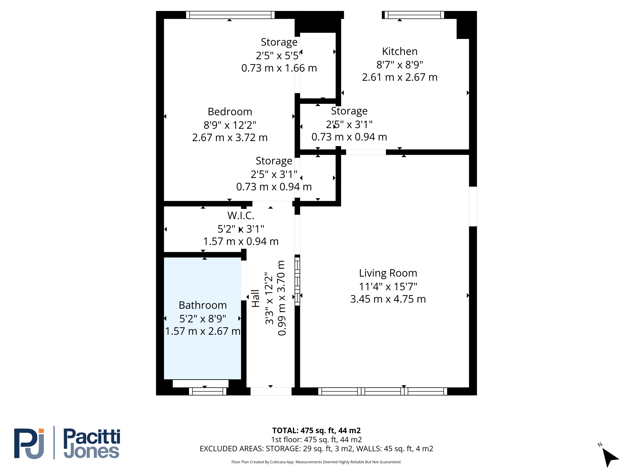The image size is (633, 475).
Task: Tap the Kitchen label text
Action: point(400,51)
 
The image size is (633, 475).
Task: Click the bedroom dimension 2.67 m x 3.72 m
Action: point(230,137)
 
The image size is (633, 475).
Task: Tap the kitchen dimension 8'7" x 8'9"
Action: point(400,65)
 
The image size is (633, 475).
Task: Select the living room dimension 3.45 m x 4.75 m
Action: point(388,299)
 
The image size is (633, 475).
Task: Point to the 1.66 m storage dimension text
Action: point(279,68)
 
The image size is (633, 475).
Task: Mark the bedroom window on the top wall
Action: point(230,15)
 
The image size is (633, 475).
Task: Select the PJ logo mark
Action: point(29,443)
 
